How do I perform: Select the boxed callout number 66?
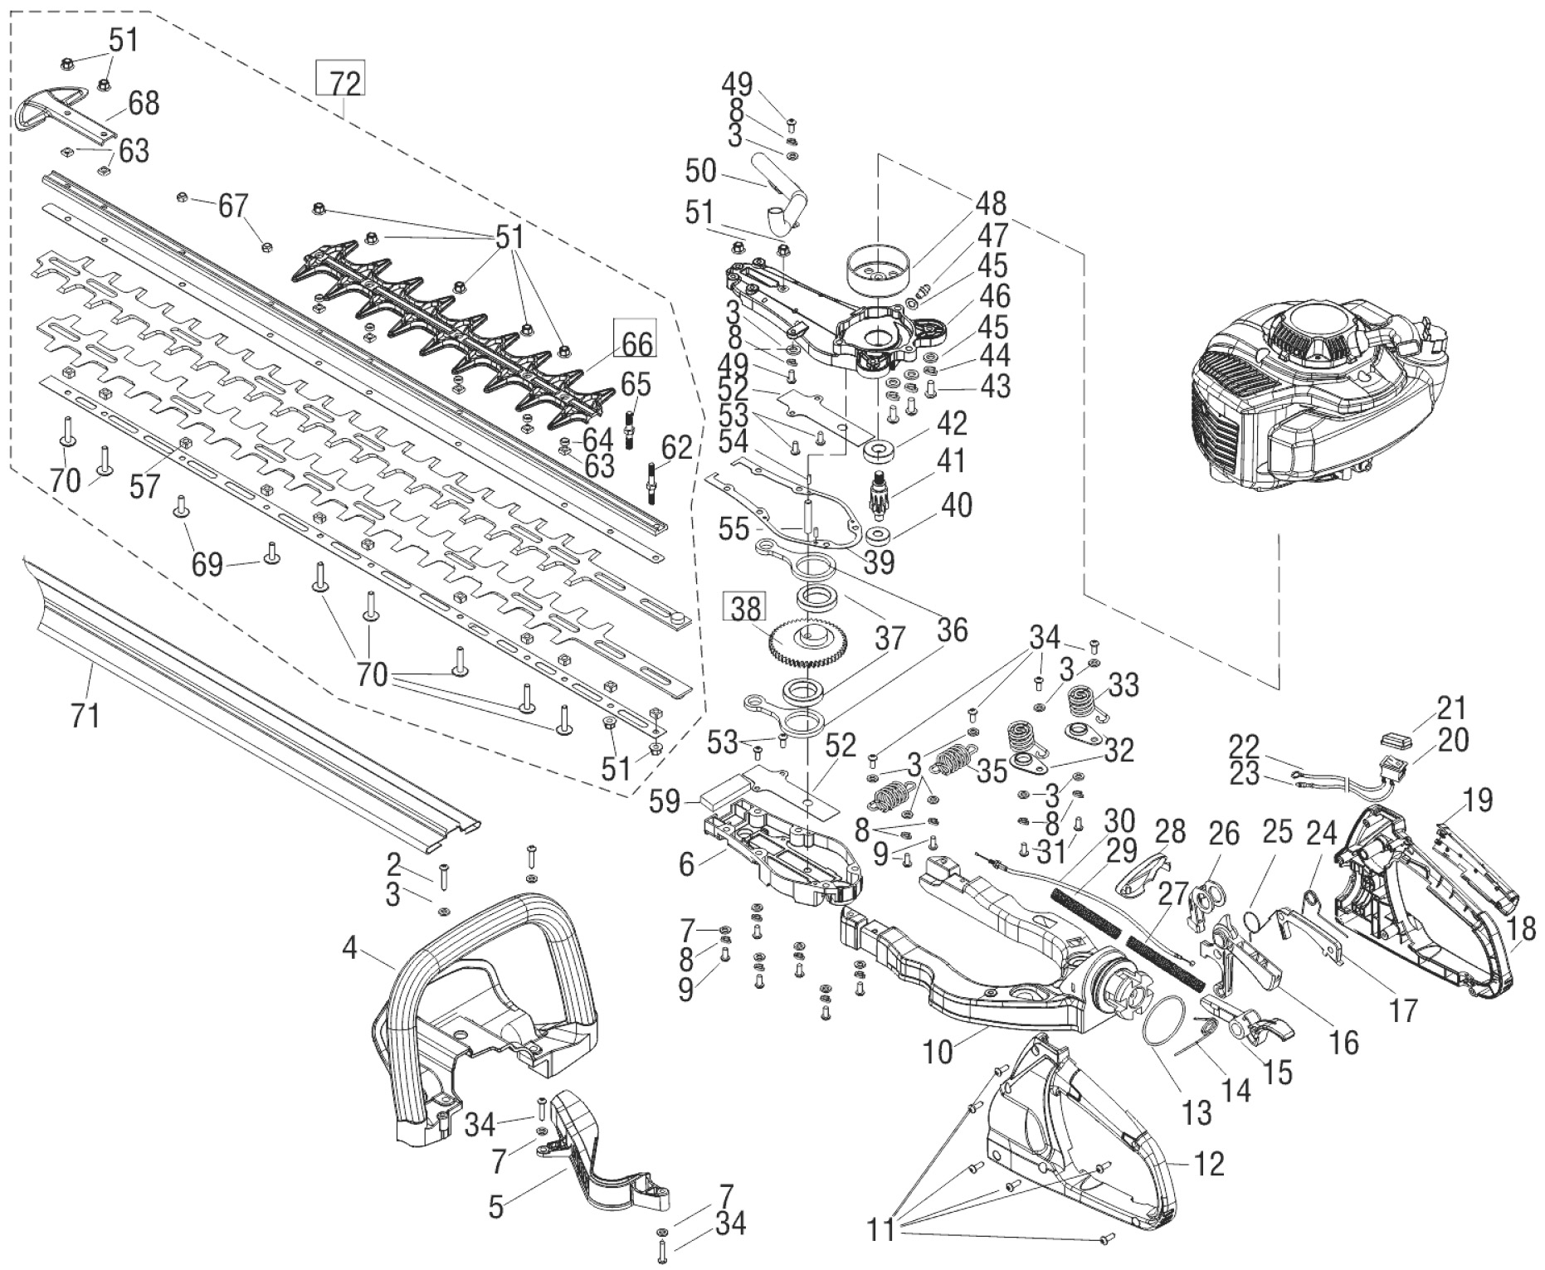635,340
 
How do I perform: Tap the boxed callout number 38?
746,608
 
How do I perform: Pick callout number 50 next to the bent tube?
700,172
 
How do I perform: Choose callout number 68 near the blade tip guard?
143,104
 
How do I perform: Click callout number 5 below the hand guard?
495,1206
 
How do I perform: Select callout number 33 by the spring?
1123,686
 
